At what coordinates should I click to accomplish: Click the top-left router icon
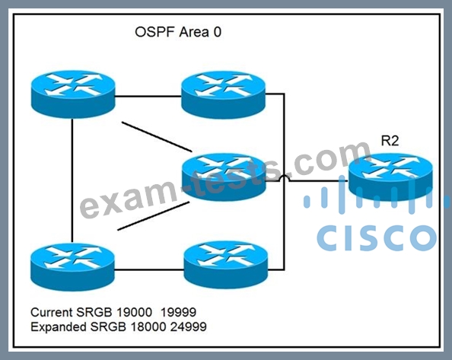click(x=73, y=94)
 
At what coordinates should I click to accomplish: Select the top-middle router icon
click(x=224, y=95)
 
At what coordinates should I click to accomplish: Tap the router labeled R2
click(x=390, y=177)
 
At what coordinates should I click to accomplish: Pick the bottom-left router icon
click(x=72, y=267)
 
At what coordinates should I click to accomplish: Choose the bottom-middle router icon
click(x=226, y=265)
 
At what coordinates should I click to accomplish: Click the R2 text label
click(x=390, y=141)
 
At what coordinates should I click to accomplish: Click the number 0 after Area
click(x=218, y=32)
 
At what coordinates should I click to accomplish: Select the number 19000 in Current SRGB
click(x=135, y=312)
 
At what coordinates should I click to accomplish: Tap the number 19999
click(x=178, y=312)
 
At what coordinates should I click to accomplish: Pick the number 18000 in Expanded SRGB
click(x=148, y=327)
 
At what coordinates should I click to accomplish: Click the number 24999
click(x=188, y=327)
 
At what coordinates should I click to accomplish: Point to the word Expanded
click(x=59, y=327)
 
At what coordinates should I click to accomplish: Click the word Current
click(x=51, y=312)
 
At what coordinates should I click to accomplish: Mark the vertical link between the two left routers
click(x=72, y=180)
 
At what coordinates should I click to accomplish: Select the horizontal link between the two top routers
click(x=148, y=96)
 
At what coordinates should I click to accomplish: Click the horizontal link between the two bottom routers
click(x=149, y=269)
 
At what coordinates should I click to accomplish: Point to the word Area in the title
click(x=194, y=32)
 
